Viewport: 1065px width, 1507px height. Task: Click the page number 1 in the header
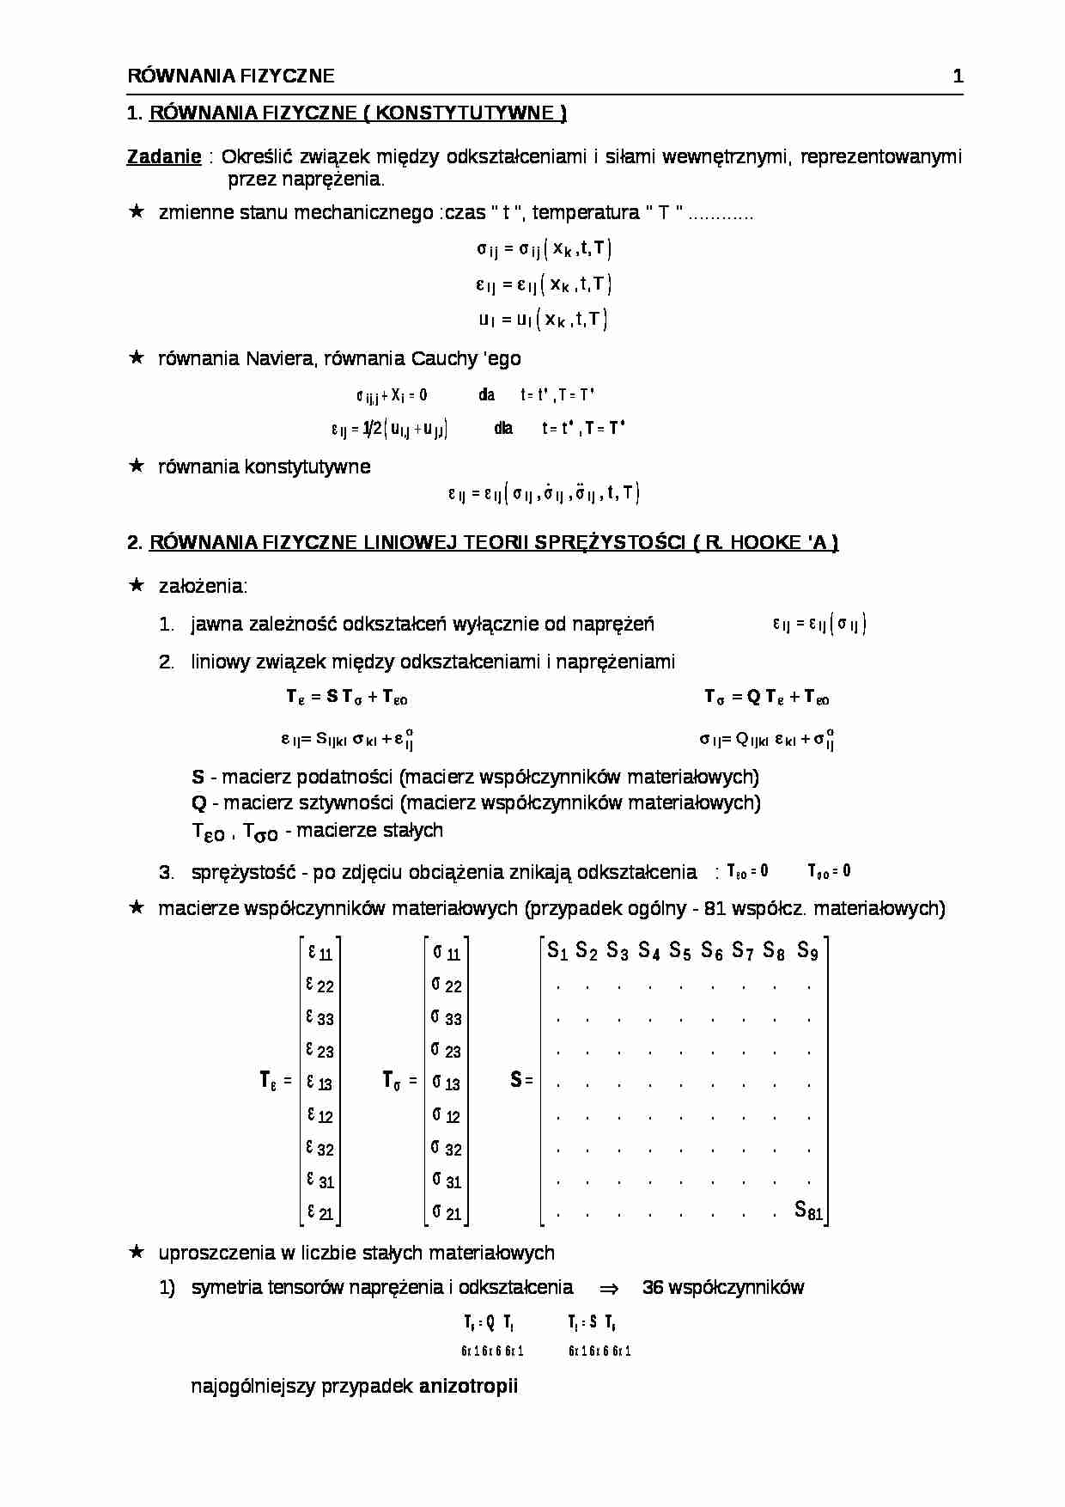point(958,76)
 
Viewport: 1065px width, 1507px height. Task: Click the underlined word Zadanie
point(164,156)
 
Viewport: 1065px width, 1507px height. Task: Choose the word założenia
point(203,586)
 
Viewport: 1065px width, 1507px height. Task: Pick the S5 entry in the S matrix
point(680,950)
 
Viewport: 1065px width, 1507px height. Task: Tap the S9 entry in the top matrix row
point(807,950)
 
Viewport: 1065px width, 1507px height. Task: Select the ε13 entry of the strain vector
point(319,1083)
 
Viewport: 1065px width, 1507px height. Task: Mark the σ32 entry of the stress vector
point(447,1148)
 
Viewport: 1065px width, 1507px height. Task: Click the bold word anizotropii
point(468,1386)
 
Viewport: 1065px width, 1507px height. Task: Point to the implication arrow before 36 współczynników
point(608,1288)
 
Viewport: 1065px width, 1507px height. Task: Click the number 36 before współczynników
point(652,1287)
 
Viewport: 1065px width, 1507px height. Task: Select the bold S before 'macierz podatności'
point(198,778)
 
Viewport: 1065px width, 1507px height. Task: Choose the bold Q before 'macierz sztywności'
point(198,802)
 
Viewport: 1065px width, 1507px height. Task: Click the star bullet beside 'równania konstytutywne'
point(136,466)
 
